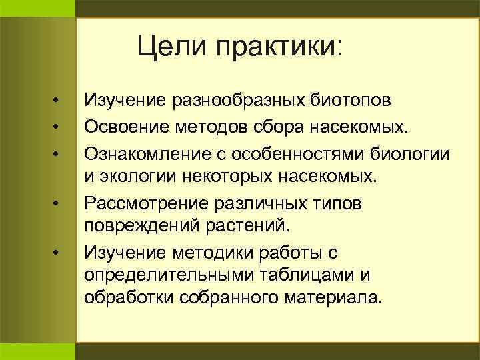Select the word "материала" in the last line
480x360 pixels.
point(333,297)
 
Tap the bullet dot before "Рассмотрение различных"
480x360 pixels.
point(58,202)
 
